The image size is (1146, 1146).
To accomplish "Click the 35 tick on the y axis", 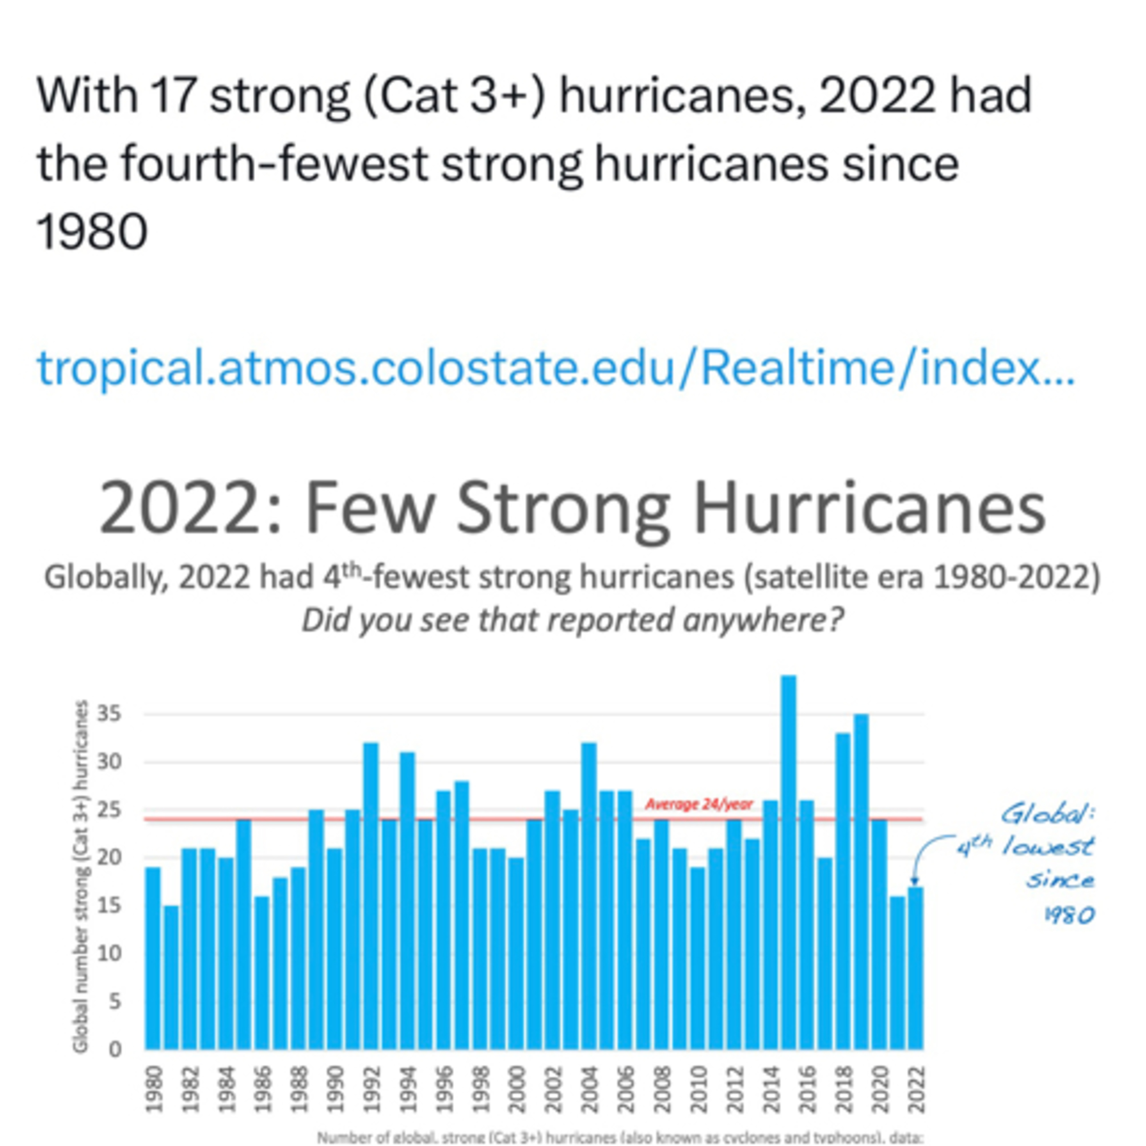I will pos(109,714).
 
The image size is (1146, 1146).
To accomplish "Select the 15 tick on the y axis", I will pos(109,906).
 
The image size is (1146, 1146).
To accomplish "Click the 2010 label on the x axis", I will pos(698,1089).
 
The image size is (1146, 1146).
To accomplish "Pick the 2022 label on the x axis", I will pos(916,1089).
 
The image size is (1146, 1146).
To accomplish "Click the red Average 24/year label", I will pos(698,804).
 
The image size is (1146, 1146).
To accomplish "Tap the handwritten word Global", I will pos(1047,814).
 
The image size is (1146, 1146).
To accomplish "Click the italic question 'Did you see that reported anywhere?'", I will pos(572,620).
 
